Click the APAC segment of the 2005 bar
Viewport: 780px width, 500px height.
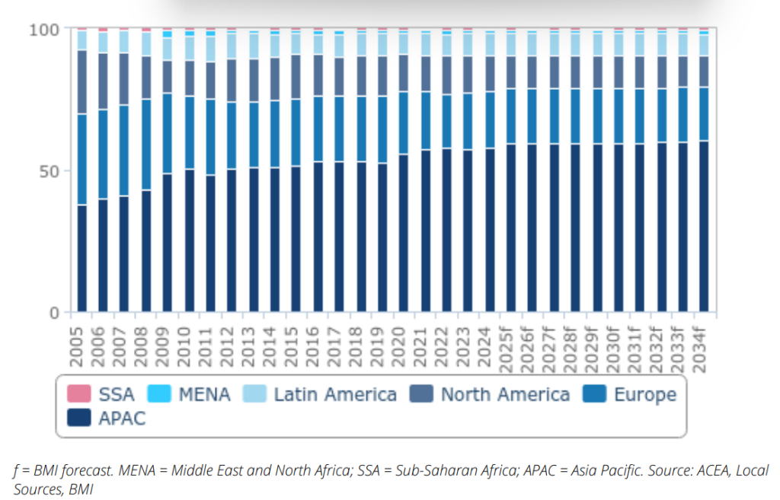pyautogui.click(x=82, y=259)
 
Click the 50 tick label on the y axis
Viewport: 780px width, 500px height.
pyautogui.click(x=50, y=171)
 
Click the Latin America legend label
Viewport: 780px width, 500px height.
pyautogui.click(x=335, y=394)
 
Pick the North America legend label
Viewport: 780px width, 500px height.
pyautogui.click(x=505, y=394)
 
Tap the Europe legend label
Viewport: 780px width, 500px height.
pyautogui.click(x=644, y=394)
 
